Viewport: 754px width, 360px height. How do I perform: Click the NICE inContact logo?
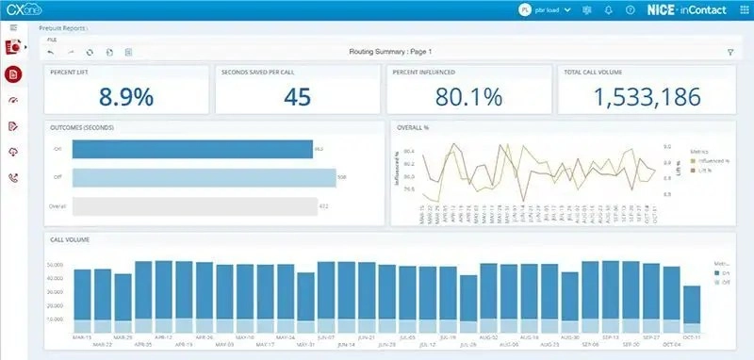674,9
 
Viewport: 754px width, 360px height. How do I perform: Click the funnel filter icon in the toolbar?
730,52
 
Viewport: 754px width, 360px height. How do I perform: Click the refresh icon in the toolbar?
90,52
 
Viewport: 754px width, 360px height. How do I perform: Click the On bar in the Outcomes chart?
192,149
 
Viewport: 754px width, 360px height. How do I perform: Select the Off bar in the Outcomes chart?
204,177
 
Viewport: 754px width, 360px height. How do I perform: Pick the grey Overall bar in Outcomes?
194,205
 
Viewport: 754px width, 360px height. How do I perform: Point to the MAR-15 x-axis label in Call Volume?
82,335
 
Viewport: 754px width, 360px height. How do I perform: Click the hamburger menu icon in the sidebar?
13,28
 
